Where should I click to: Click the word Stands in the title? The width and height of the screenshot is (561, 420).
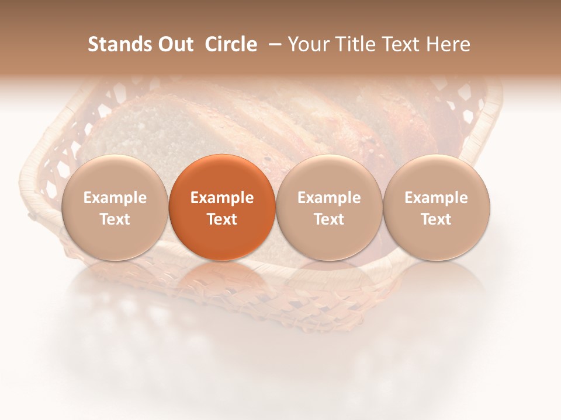pos(119,44)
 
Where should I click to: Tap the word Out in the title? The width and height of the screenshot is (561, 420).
pos(174,44)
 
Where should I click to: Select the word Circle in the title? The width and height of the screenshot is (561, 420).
pos(231,44)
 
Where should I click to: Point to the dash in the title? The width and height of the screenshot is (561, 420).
pos(272,44)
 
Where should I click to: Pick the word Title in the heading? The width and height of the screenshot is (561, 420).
pos(355,44)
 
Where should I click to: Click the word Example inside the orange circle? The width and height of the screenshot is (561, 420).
pos(222,198)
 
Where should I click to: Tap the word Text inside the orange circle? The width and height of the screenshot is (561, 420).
pos(222,219)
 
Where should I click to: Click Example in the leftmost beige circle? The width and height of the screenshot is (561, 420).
pos(115,198)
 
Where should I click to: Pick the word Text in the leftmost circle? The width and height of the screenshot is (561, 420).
pos(115,219)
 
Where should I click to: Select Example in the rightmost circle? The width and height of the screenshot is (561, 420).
pos(437,198)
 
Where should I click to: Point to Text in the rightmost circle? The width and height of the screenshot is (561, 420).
pos(437,219)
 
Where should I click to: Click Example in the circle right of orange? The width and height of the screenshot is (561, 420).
pos(329,198)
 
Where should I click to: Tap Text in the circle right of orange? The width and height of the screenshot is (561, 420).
pos(329,219)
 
